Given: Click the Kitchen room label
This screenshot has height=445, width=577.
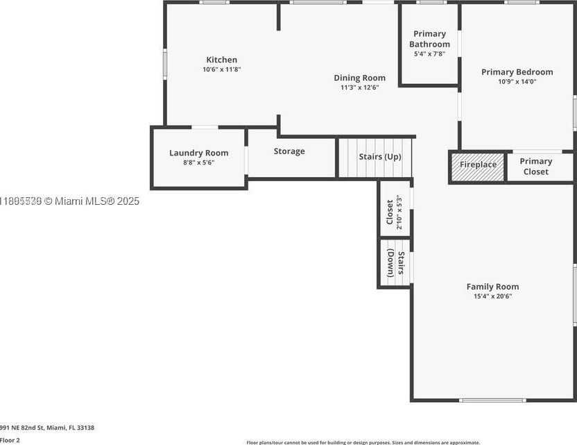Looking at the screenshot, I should click(221, 60).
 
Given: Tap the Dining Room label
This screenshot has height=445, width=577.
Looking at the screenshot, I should click(359, 78).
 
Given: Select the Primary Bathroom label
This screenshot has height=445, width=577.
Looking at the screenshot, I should click(429, 39).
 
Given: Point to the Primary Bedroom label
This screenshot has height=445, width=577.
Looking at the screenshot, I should click(517, 72).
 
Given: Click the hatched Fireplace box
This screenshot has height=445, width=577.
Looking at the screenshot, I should click(478, 165).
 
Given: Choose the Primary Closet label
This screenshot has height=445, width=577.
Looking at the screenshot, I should click(536, 167).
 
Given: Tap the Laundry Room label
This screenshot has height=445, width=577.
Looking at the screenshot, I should click(198, 153).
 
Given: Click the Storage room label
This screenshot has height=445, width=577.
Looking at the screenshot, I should click(289, 151).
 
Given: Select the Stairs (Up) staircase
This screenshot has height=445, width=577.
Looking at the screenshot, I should click(376, 158).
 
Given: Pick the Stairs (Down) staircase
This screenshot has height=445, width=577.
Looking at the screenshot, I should click(395, 263).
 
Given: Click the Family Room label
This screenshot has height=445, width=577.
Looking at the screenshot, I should click(492, 287).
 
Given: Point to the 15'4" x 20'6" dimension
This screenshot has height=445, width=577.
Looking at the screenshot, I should click(492, 296).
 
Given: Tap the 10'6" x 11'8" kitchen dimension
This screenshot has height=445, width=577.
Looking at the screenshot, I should click(221, 69).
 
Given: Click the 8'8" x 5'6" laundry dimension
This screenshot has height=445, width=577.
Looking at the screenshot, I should click(198, 162).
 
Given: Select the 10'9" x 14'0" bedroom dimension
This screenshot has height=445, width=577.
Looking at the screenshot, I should click(517, 81).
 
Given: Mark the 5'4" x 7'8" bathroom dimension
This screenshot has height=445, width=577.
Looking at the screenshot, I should click(429, 53).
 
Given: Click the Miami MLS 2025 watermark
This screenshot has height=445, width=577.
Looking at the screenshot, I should click(70, 201).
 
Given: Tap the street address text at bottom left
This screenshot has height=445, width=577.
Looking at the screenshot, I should click(46, 428).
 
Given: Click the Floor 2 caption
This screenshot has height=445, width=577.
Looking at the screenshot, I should click(10, 440).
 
